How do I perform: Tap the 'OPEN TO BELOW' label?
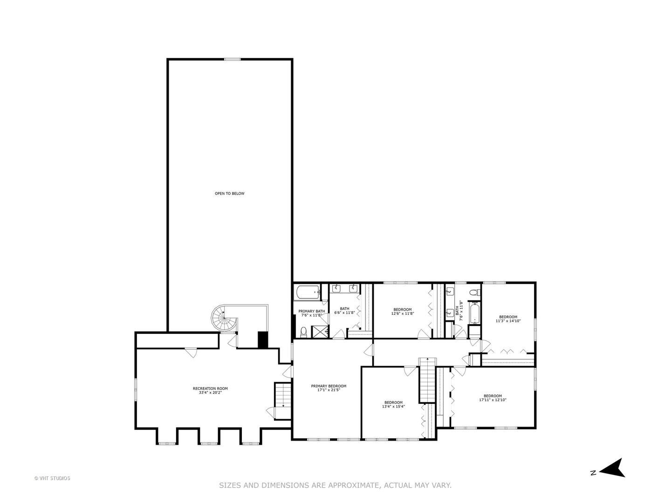(229, 194)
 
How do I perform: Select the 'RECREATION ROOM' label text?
(210, 388)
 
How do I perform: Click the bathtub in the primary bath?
(307, 292)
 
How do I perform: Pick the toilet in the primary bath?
(303, 332)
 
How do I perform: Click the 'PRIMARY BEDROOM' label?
(329, 386)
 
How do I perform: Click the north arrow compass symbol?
(614, 468)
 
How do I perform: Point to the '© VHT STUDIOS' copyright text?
(52, 478)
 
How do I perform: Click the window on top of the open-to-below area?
(232, 59)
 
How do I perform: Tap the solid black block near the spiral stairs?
(263, 339)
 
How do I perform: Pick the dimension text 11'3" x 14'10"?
(507, 321)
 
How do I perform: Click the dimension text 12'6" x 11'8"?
(403, 314)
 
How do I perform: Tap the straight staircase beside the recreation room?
(282, 394)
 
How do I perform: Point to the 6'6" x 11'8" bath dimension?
(344, 313)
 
